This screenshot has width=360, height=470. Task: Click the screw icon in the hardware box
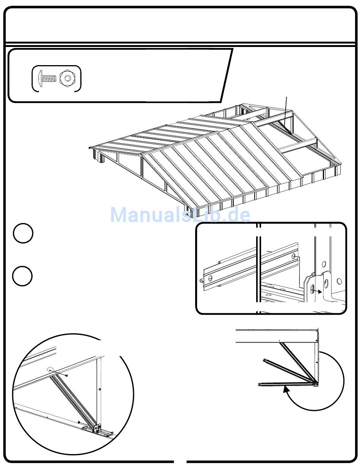pos(47,79)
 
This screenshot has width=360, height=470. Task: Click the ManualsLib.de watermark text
pos(180,215)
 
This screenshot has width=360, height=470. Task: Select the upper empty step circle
pos(23,234)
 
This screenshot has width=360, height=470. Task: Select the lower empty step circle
pos(23,276)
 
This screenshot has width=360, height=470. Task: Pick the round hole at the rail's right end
pos(294,257)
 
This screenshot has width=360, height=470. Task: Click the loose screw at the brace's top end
pos(67,375)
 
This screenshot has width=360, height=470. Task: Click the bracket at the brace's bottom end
pos(96,428)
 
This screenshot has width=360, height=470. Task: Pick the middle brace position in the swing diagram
pos(288,370)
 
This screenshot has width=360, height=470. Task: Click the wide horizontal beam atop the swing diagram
pos(277,336)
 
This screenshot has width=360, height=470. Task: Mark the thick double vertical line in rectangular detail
pos(258,265)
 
